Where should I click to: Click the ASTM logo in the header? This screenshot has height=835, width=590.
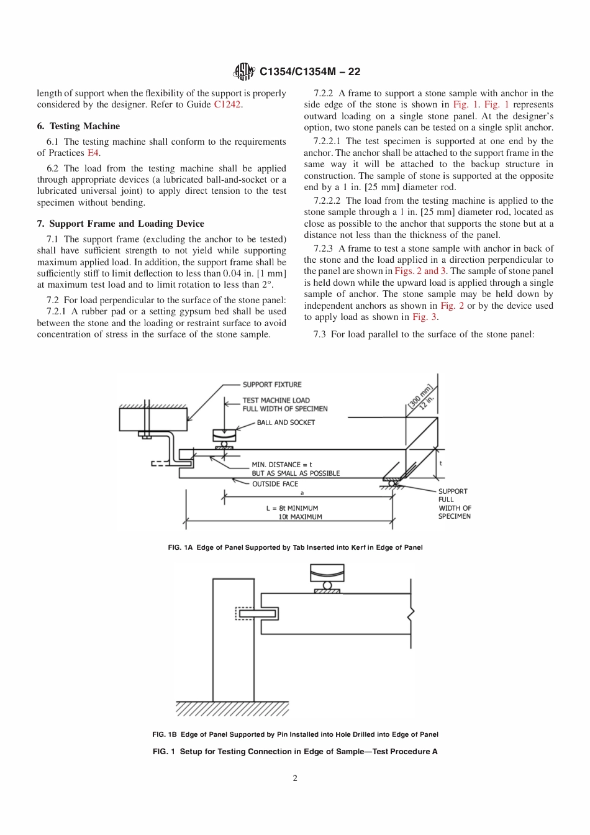[x=243, y=72]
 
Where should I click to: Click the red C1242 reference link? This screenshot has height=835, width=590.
[x=227, y=104]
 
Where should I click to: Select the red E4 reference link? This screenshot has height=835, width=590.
[x=93, y=153]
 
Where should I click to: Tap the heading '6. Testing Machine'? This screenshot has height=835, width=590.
[x=78, y=126]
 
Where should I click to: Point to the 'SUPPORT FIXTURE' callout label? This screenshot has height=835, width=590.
[x=272, y=385]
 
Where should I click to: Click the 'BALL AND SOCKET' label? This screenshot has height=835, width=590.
[x=286, y=422]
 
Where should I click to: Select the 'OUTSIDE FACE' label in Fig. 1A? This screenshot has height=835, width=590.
[x=275, y=484]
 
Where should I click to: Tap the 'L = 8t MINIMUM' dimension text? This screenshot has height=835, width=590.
[x=292, y=508]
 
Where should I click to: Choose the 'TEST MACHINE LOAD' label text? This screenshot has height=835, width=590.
[x=276, y=401]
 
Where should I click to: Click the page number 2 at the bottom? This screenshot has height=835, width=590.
[x=295, y=778]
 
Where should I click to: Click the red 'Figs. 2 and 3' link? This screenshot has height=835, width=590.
[x=420, y=271]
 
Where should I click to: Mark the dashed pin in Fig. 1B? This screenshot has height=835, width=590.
[x=248, y=614]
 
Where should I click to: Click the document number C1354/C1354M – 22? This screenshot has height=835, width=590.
[x=310, y=71]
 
